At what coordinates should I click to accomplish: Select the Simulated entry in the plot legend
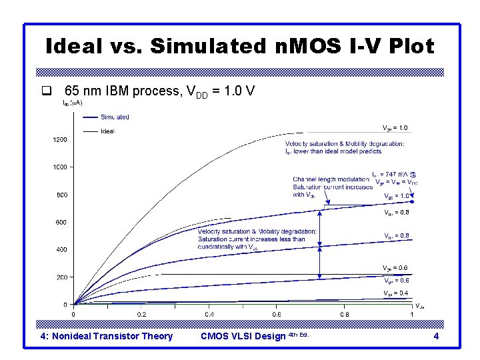click(115, 117)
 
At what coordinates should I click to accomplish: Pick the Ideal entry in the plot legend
click(107, 131)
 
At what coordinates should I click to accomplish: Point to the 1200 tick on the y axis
click(60, 140)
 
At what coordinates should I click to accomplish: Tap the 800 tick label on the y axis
click(61, 195)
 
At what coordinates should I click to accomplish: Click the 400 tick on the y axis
click(61, 250)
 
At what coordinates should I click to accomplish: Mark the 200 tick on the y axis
click(61, 277)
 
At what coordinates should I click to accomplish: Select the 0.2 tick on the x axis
click(141, 314)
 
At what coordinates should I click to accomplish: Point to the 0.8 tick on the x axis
click(345, 314)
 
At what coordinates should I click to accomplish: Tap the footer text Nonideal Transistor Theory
click(107, 337)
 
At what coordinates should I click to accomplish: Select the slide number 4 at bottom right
click(436, 337)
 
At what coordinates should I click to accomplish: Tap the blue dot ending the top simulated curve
click(413, 201)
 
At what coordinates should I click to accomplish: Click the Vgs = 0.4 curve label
click(395, 293)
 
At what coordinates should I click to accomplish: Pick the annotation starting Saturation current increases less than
click(251, 239)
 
